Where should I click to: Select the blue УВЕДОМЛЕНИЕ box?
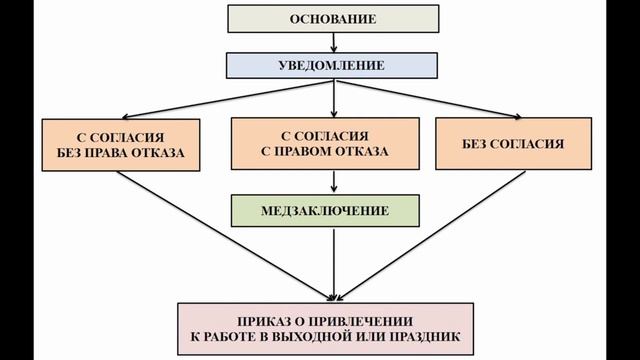pos(333,66)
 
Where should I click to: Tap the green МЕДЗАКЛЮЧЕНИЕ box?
pos(333,210)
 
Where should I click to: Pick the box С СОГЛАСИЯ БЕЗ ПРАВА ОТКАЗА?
pos(119,144)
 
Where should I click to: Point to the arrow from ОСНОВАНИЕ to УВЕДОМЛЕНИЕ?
pos(333,42)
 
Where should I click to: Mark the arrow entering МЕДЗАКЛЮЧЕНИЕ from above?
pos(333,181)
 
